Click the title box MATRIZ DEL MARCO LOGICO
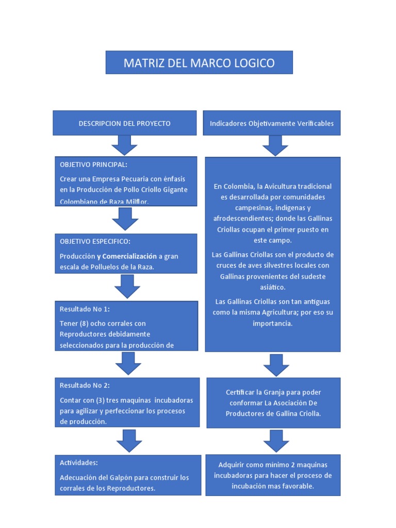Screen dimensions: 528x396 [199, 63]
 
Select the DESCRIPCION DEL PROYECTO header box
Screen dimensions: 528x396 [124, 123]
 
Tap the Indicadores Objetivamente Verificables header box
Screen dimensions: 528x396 [272, 123]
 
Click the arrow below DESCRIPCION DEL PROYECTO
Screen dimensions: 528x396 [124, 145]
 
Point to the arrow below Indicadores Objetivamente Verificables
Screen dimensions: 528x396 [275, 145]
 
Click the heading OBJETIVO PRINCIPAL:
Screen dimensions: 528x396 [93, 164]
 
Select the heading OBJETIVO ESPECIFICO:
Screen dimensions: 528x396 [94, 241]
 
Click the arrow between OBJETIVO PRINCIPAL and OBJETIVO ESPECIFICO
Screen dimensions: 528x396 [125, 220]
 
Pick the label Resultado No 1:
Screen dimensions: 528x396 [85, 309]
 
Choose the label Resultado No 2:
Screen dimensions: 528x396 [85, 385]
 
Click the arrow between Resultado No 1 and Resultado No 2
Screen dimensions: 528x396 [128, 364]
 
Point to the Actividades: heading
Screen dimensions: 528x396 [79, 463]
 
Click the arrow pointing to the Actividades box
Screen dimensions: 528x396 [129, 441]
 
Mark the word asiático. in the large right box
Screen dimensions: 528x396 [274, 287]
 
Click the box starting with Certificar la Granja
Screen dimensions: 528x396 [273, 403]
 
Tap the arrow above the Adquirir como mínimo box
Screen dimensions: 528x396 [276, 441]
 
